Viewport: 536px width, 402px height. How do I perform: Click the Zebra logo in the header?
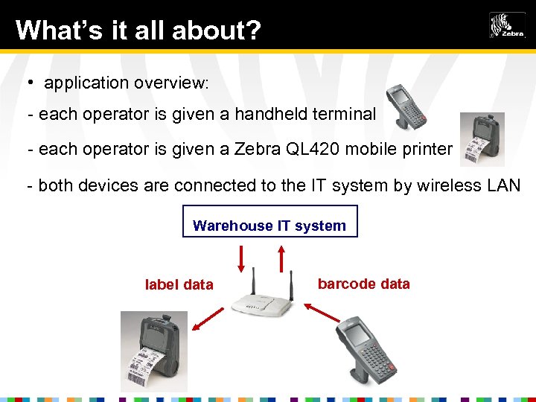pos(507,25)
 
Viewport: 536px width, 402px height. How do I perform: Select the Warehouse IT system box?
pos(269,222)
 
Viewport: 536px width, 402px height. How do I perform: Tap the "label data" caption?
pos(179,284)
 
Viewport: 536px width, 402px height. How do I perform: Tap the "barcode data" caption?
pos(363,284)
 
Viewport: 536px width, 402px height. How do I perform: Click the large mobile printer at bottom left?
pos(154,351)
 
